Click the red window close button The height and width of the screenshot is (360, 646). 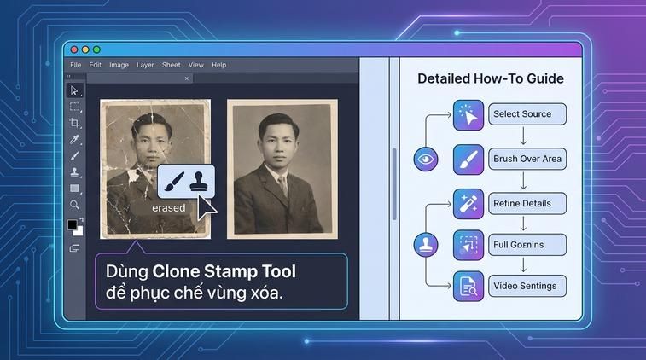tap(74, 50)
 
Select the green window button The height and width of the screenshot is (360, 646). tap(96, 50)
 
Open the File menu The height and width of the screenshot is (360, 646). tap(76, 65)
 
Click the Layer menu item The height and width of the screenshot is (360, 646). tap(145, 65)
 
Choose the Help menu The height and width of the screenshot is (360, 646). tap(219, 65)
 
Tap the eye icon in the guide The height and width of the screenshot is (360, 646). tap(425, 159)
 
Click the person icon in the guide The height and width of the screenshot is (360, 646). tap(425, 246)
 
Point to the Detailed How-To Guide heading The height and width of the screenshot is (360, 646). tap(490, 79)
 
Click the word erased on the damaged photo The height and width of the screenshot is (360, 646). tap(168, 208)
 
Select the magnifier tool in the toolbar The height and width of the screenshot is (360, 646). tap(75, 205)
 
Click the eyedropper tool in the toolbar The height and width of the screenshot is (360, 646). tap(75, 139)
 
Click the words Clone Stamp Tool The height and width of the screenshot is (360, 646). tap(224, 272)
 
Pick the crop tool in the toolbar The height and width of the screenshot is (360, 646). tap(75, 123)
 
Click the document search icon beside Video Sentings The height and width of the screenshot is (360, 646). tap(468, 286)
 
